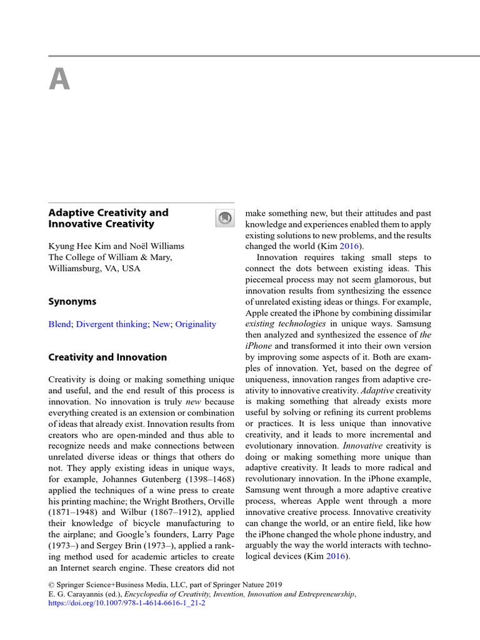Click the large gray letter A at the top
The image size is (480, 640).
click(59, 79)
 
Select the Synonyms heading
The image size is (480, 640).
click(72, 301)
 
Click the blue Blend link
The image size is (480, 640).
click(60, 324)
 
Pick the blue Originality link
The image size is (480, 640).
click(196, 324)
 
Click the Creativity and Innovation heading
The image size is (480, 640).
click(107, 357)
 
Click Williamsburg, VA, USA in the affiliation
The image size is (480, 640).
click(94, 268)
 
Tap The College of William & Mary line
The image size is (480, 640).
click(110, 257)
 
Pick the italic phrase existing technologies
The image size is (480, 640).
click(286, 324)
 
